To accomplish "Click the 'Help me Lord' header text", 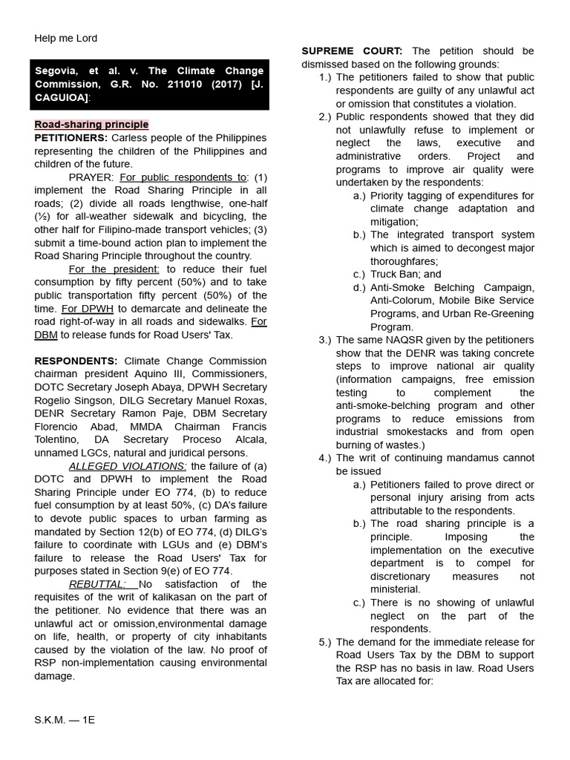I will point(65,39).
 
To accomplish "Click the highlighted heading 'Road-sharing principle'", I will point(91,125).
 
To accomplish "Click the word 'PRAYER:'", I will point(91,177).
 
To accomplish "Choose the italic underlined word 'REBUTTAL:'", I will point(96,584).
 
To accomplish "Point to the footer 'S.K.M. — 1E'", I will point(65,721).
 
